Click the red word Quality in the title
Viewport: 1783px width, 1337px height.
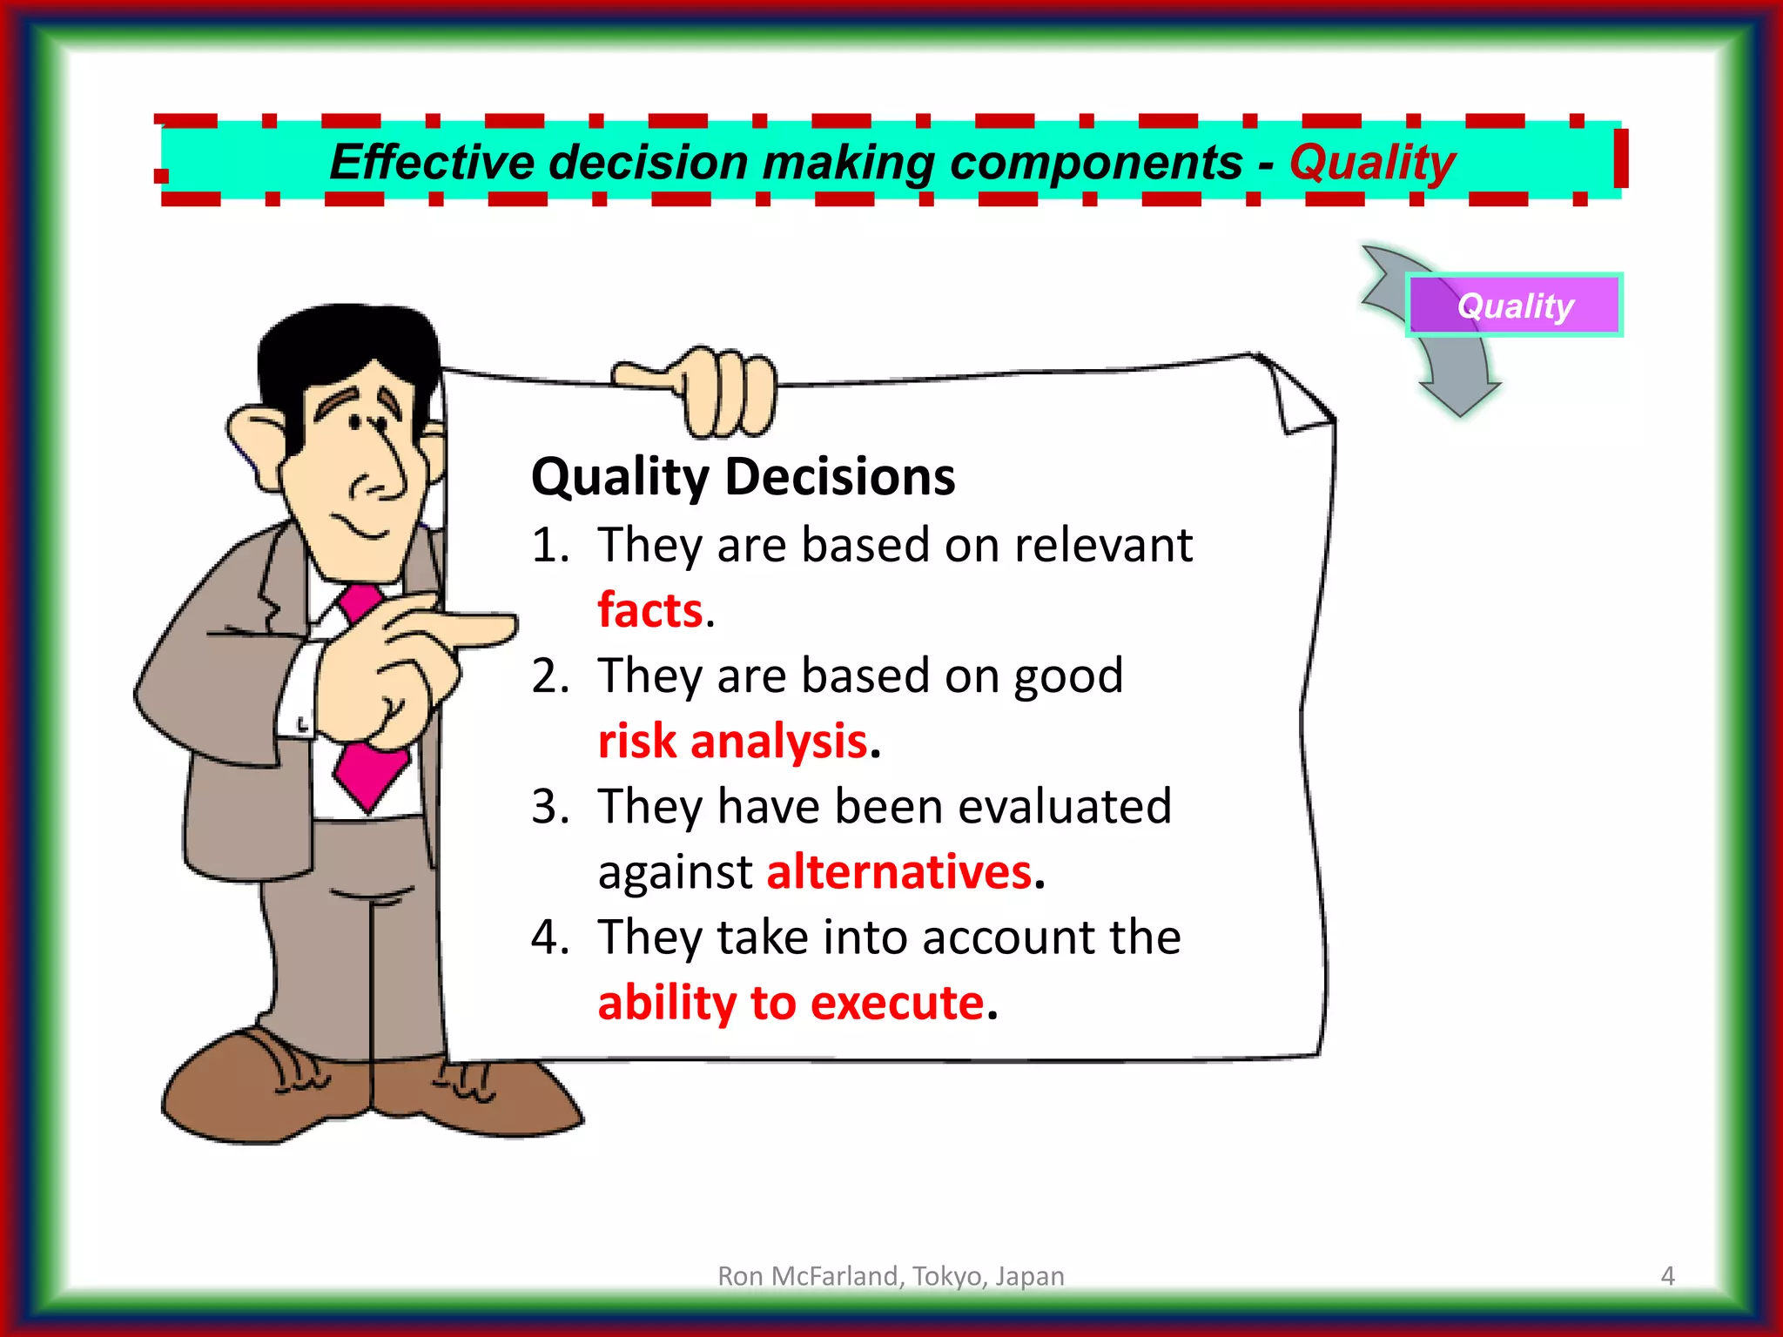coord(1372,163)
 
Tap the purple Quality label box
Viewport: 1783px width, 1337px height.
coord(1515,306)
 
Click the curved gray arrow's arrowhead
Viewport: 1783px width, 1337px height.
coord(1460,396)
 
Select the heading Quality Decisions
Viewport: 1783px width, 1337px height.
coord(743,477)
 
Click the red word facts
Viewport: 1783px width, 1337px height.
coord(650,609)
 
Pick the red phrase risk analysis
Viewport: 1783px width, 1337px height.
coord(733,741)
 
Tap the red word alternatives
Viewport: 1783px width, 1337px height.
coord(898,871)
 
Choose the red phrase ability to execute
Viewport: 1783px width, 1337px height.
coord(791,1003)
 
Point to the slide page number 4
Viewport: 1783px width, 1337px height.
coord(1667,1276)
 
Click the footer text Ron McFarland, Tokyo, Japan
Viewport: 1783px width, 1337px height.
coord(891,1276)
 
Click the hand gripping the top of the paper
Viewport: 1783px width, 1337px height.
coord(714,392)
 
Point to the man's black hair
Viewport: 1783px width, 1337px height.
coord(348,344)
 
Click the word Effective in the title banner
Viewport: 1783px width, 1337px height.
coord(432,163)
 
